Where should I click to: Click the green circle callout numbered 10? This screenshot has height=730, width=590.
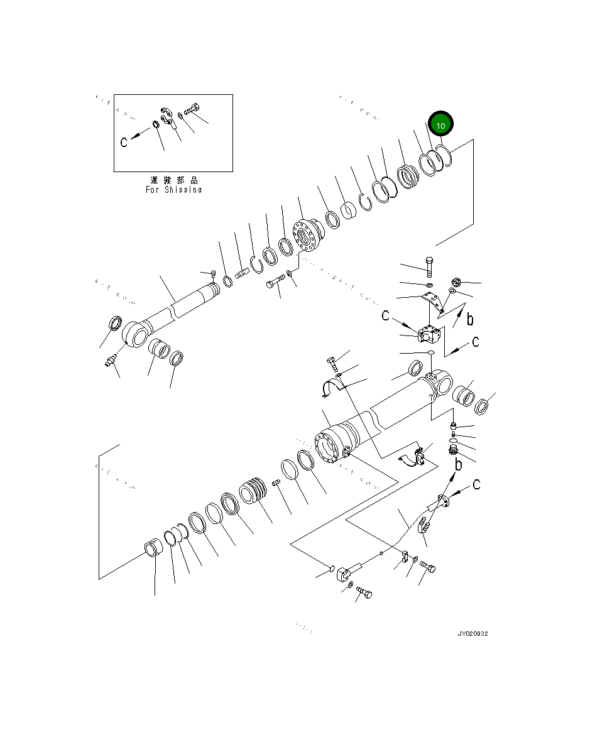pyautogui.click(x=440, y=126)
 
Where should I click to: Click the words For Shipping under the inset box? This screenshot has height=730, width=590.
pyautogui.click(x=174, y=190)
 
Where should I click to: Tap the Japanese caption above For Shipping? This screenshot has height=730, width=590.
pyautogui.click(x=174, y=180)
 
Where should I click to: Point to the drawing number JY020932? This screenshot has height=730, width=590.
pyautogui.click(x=473, y=633)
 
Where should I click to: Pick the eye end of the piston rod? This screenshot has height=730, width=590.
pyautogui.click(x=134, y=332)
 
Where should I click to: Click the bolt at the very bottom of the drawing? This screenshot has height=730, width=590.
pyautogui.click(x=363, y=592)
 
